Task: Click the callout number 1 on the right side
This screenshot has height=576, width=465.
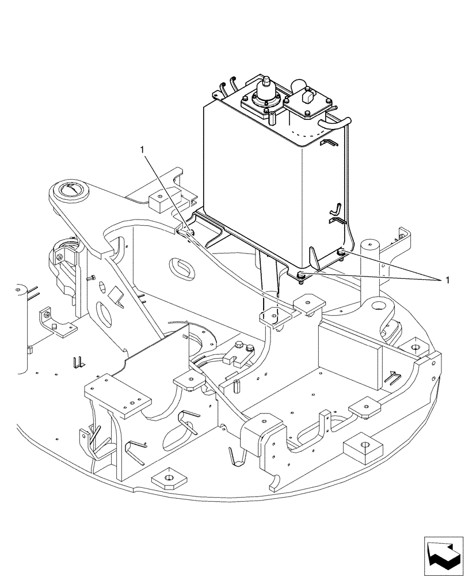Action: (444, 280)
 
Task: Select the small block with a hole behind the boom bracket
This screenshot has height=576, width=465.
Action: (157, 202)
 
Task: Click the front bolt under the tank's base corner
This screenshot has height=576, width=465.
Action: (302, 276)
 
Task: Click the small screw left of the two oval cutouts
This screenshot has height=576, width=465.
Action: (90, 278)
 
